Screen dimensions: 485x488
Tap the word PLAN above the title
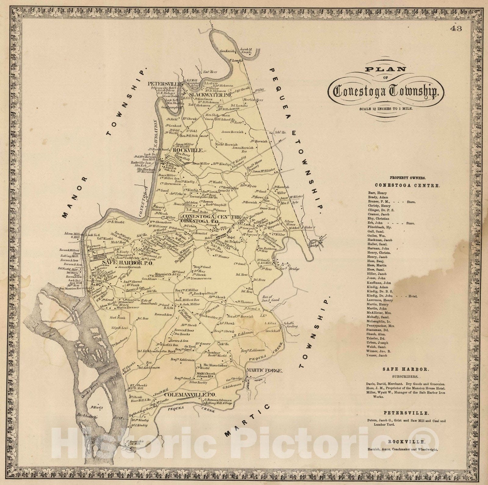[x=386, y=69]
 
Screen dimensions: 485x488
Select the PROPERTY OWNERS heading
[x=407, y=178]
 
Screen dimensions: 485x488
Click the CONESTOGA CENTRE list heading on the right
[x=407, y=185]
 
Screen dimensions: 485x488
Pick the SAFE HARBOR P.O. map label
[x=121, y=263]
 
